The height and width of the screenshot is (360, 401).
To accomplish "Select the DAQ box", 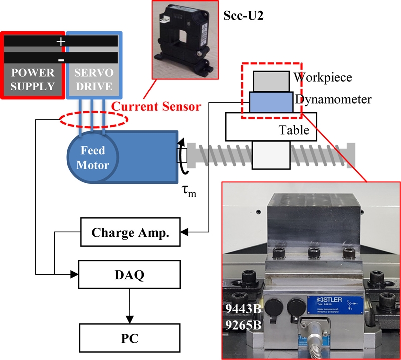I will pos(130,274).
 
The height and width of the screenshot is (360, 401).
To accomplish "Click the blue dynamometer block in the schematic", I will pos(271,102).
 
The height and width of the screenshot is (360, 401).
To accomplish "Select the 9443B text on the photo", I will pos(243,308).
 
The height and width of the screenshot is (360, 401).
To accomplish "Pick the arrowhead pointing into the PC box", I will pos(130,320).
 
